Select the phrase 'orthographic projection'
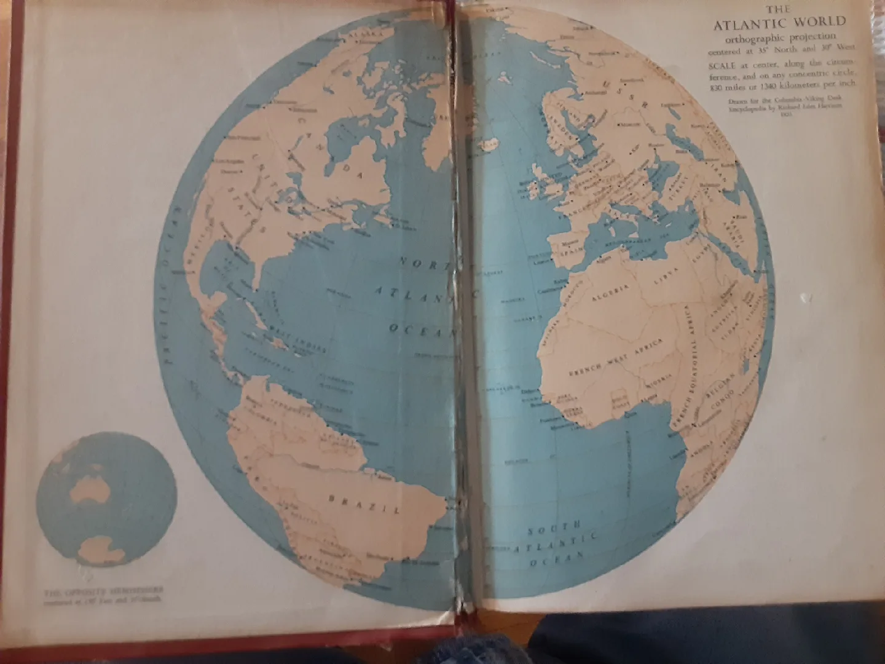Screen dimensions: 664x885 click(779, 38)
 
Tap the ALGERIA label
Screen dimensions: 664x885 click(610, 291)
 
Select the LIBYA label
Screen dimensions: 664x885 click(667, 276)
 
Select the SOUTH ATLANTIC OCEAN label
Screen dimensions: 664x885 click(556, 542)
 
